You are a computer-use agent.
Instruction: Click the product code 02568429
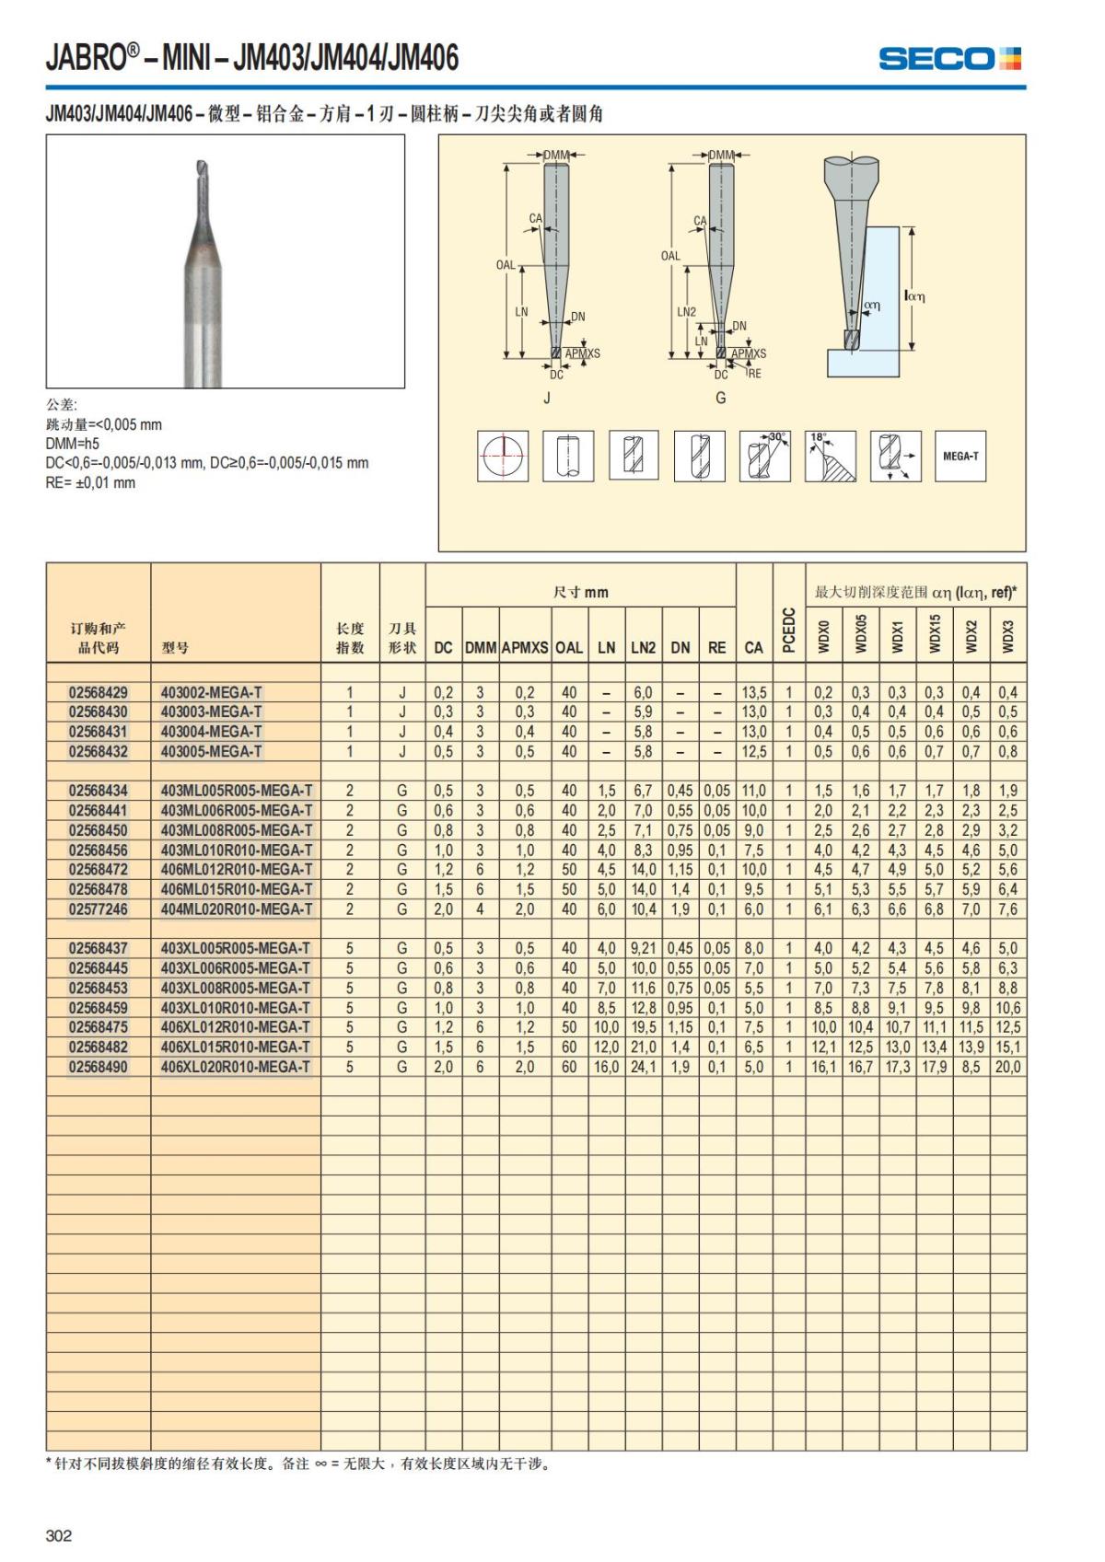click(x=99, y=692)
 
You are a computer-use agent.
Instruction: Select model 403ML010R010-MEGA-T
click(x=237, y=850)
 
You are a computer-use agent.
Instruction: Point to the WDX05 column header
click(x=861, y=634)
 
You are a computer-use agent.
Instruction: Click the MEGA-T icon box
click(x=960, y=456)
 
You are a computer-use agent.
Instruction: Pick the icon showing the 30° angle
click(x=764, y=456)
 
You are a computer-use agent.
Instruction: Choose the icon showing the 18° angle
click(x=830, y=456)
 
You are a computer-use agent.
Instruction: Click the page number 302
click(x=59, y=1535)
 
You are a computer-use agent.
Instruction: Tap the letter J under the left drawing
click(x=547, y=399)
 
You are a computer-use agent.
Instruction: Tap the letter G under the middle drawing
click(x=721, y=399)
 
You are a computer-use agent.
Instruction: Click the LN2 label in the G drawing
click(x=687, y=312)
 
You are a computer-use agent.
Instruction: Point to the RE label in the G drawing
click(x=755, y=374)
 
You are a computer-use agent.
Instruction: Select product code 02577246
click(x=99, y=908)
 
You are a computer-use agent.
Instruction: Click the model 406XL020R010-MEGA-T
click(x=236, y=1067)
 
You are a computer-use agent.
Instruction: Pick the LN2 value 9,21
click(x=643, y=948)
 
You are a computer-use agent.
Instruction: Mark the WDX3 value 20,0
click(x=1007, y=1067)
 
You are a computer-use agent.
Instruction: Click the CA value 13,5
click(x=753, y=692)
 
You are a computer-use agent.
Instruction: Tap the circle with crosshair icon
click(x=503, y=456)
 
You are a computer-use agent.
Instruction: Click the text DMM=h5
click(x=73, y=444)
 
